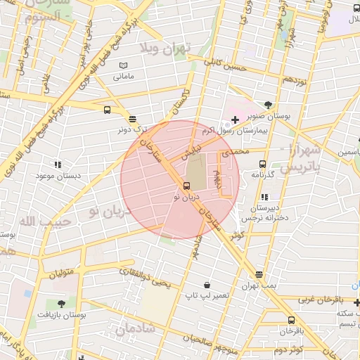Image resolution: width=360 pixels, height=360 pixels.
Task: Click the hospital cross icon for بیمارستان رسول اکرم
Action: pos(235,120)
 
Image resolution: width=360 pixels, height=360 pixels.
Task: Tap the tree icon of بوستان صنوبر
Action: pos(268,105)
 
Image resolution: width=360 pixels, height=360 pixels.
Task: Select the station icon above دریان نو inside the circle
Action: pos(186,186)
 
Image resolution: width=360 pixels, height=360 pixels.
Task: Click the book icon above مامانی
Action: pos(124,65)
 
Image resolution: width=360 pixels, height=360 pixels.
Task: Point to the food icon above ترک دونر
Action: pos(133,118)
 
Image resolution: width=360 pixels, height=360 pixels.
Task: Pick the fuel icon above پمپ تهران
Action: pos(259,274)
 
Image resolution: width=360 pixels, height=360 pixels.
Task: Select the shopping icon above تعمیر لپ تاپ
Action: pos(207,285)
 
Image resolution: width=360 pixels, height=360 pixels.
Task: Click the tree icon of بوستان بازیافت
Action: pos(61,304)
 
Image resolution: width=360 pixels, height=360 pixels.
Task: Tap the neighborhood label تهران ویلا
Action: pos(166,49)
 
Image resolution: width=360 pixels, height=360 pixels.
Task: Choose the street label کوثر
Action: pos(236,237)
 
